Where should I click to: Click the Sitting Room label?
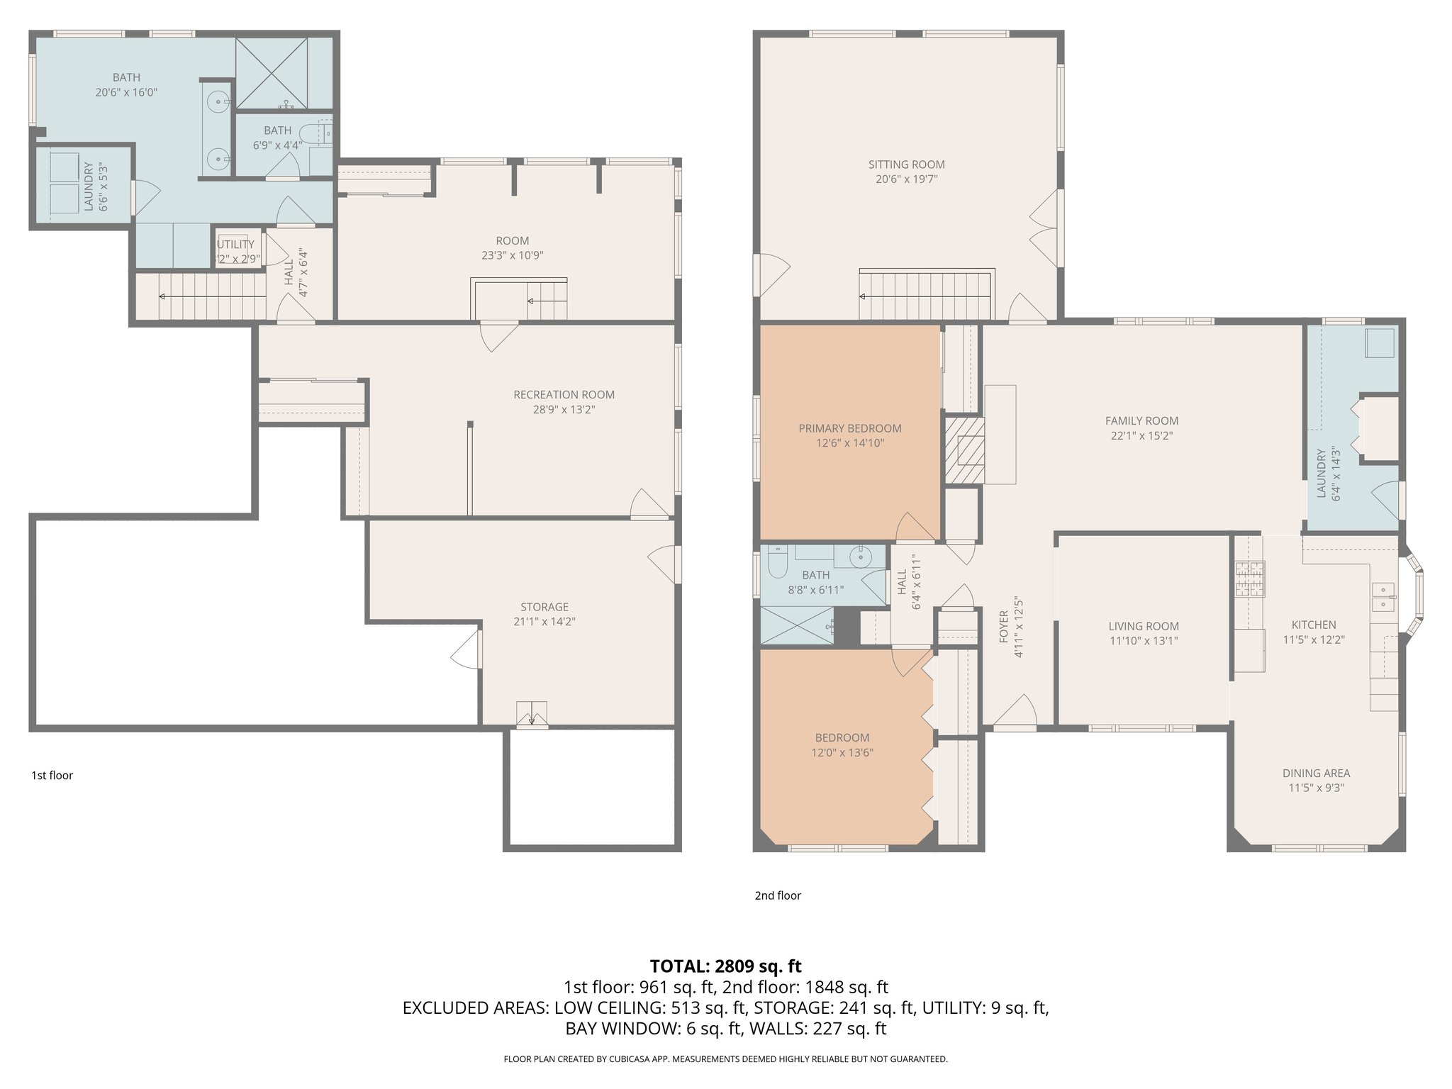906,164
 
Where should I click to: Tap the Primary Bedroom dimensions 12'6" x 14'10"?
850,444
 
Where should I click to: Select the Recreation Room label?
564,395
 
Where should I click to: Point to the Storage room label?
544,607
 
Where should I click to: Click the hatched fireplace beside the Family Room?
964,450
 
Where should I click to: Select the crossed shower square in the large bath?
272,73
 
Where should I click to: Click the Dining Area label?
1316,774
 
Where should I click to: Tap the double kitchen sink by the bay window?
1383,597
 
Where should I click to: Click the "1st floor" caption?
52,776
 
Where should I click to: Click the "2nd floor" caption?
778,895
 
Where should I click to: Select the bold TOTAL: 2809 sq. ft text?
725,966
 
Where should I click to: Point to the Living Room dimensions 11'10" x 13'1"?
1144,641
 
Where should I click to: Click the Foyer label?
1004,627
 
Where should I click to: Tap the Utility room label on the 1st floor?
235,245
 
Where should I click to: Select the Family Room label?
1141,421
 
